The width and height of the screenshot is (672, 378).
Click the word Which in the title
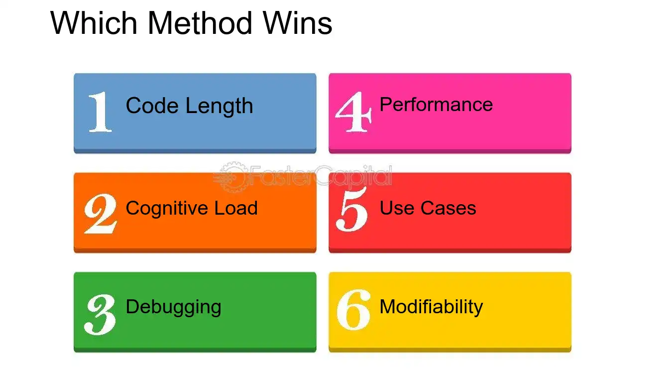(94, 23)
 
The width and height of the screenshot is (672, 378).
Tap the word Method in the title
(200, 23)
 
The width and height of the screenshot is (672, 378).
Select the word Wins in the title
(297, 23)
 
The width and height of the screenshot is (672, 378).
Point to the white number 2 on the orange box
(101, 214)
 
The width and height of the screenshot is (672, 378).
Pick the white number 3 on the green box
(100, 315)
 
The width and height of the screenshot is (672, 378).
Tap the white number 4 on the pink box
(354, 112)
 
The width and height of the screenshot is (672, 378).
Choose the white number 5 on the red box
(352, 209)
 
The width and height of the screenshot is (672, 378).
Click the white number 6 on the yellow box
(353, 310)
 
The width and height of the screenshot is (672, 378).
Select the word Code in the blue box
(152, 106)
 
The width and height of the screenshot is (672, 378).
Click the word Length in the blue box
(220, 106)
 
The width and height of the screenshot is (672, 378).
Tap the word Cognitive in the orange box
(166, 208)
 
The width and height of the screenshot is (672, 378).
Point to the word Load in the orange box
(236, 208)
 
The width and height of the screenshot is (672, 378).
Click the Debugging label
(173, 307)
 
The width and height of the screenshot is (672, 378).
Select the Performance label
(436, 105)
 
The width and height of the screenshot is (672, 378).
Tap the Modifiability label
(432, 307)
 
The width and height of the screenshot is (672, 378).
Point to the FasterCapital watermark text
(321, 176)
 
